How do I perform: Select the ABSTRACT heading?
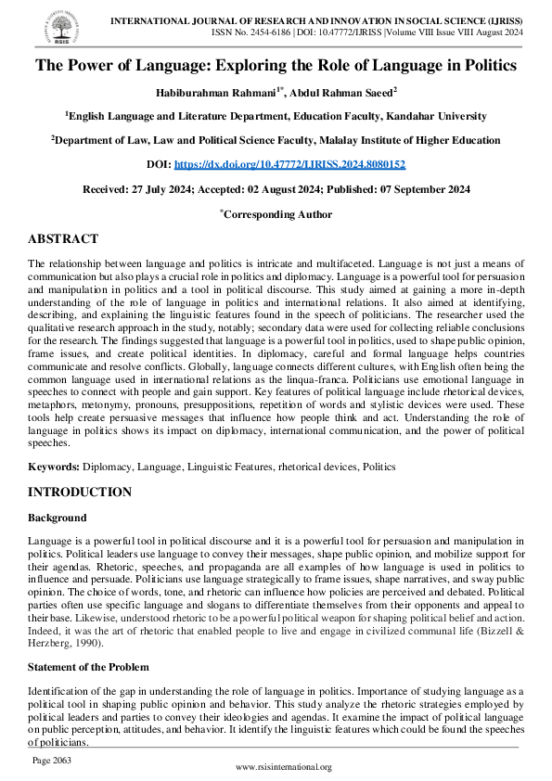62,238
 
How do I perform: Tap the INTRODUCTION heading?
80,492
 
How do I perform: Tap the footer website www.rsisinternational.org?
284,767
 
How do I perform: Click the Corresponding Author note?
277,213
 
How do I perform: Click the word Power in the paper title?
96,66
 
